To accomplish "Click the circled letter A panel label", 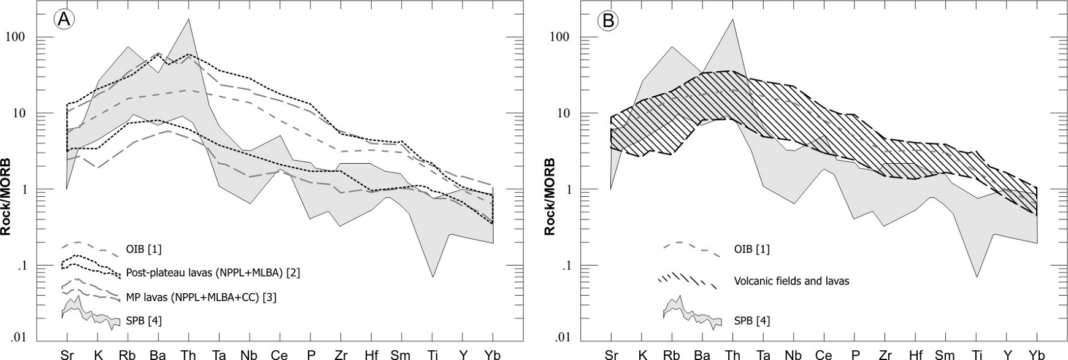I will pos(64,20).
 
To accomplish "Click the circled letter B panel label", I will pos(609,21).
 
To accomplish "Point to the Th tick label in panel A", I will pos(188,354).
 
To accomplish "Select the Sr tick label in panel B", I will pos(611,354).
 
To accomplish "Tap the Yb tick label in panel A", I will pos(493,354).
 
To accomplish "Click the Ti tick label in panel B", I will pos(976,354).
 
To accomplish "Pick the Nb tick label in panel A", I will pos(249,354).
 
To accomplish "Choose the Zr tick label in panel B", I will pos(885,354).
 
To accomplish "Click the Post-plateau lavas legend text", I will pos(212,272).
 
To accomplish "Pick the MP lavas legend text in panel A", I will pos(201,297).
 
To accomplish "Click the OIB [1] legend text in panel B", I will pos(751,249).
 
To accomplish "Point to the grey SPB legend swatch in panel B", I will pos(691,313).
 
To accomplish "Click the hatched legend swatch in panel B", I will pos(687,281).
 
